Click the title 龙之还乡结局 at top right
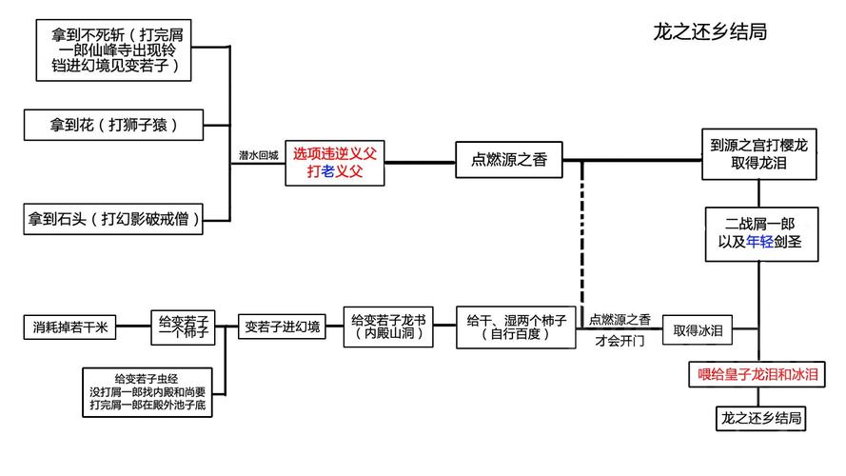pyautogui.click(x=709, y=31)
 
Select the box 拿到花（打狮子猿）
pyautogui.click(x=114, y=124)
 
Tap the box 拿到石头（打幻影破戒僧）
pyautogui.click(x=114, y=219)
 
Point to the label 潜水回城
pyautogui.click(x=259, y=154)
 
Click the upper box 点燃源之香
pyautogui.click(x=509, y=161)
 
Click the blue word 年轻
pyautogui.click(x=747, y=242)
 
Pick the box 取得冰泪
pyautogui.click(x=699, y=329)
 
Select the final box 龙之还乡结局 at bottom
pyautogui.click(x=758, y=418)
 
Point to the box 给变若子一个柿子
pyautogui.click(x=184, y=327)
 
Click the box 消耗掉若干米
pyautogui.click(x=69, y=327)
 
